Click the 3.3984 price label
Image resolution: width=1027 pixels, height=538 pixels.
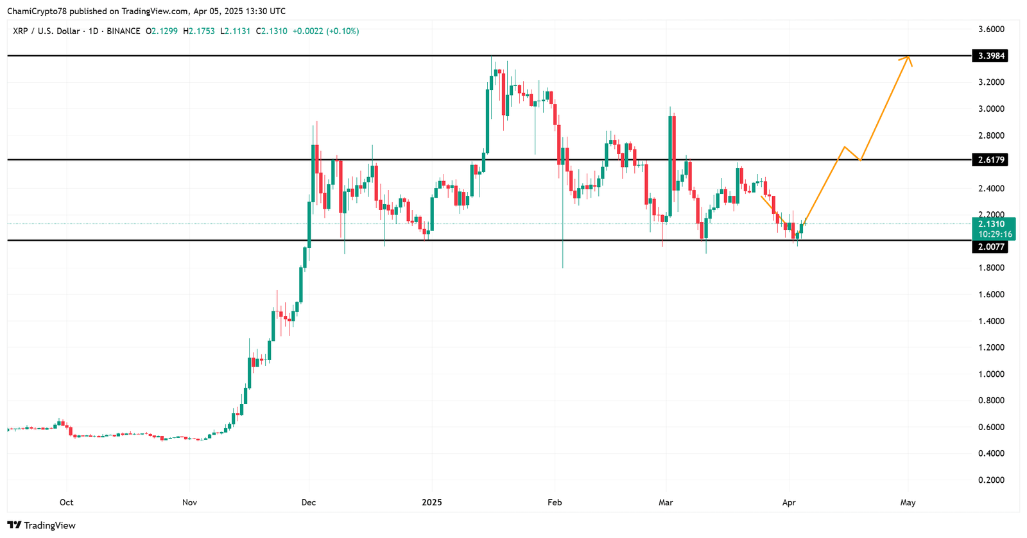tap(989, 56)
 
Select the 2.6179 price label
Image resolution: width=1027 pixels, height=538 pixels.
tap(989, 159)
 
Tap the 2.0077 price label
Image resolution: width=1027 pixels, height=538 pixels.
tap(989, 247)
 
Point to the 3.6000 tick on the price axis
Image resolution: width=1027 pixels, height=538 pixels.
tap(991, 30)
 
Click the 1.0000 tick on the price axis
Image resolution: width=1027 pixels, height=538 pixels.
tap(991, 374)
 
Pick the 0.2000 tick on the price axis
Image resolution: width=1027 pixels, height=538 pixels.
tap(991, 480)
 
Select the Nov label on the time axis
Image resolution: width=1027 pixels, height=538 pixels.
tap(189, 503)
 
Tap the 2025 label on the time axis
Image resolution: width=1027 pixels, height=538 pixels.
tap(432, 503)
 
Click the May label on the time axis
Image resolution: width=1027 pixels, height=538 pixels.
tap(908, 503)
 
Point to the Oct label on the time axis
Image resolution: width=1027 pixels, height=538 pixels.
tap(66, 503)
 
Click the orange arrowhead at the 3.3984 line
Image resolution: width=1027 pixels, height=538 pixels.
tap(908, 58)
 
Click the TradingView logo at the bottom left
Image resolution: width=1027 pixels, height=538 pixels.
tap(41, 526)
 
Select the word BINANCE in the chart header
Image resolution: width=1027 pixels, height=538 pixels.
tap(123, 31)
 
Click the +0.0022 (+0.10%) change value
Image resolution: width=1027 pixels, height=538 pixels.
tap(325, 31)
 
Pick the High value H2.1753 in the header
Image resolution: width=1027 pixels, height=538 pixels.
tap(199, 31)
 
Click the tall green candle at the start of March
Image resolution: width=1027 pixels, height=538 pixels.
tap(671, 164)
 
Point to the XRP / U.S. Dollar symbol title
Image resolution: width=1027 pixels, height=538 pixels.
tap(46, 31)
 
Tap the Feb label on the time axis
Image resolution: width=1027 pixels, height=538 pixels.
tap(555, 503)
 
